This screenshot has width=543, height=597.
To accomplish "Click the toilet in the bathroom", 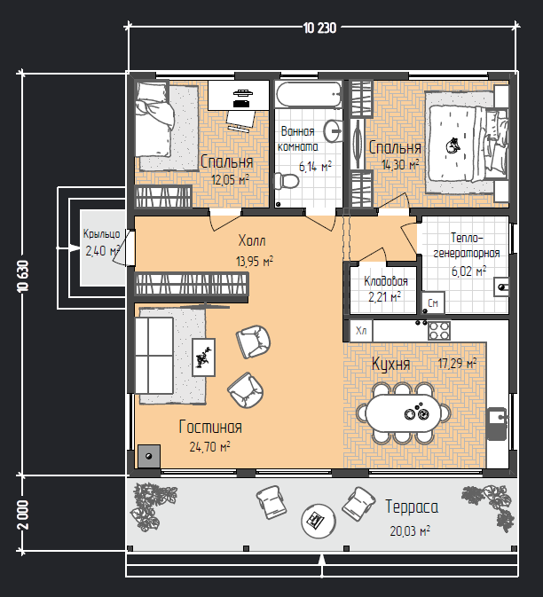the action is pyautogui.click(x=287, y=181).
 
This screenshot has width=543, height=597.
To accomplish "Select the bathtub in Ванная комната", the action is pyautogui.click(x=309, y=94).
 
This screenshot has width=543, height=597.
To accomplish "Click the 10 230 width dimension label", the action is pyautogui.click(x=320, y=28).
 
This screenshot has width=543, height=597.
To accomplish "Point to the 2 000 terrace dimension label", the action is pyautogui.click(x=23, y=515).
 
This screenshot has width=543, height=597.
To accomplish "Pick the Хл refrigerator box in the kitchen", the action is pyautogui.click(x=361, y=331).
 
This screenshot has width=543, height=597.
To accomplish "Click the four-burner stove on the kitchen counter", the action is pyautogui.click(x=439, y=331).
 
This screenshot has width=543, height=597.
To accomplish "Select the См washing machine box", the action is pyautogui.click(x=433, y=302).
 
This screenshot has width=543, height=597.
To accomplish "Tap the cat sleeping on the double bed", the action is pyautogui.click(x=452, y=146).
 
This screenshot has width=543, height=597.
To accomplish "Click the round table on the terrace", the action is pyautogui.click(x=319, y=522).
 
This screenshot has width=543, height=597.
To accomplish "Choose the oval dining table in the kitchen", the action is pyautogui.click(x=403, y=413).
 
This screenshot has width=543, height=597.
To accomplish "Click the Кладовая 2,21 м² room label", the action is pyautogui.click(x=385, y=289).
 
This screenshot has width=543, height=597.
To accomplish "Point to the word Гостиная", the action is pyautogui.click(x=210, y=428).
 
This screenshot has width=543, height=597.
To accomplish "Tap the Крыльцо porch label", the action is pyautogui.click(x=101, y=234).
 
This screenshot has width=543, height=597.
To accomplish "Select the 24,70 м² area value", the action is pyautogui.click(x=209, y=446).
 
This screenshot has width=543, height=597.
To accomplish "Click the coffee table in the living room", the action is pyautogui.click(x=203, y=357).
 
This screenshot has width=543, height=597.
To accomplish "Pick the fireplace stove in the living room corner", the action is pyautogui.click(x=149, y=456).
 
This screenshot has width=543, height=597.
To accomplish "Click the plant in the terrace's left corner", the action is pyautogui.click(x=153, y=506).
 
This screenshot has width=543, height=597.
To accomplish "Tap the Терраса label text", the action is pyautogui.click(x=412, y=507).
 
